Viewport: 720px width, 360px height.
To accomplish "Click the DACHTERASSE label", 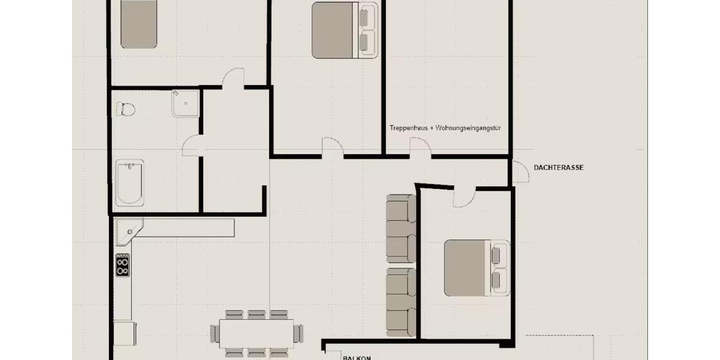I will click(558, 168).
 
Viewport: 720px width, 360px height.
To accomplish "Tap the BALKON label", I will click(356, 358).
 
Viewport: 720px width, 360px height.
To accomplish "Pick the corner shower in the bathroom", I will click(185, 103).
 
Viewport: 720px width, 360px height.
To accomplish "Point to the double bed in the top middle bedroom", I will click(344, 30).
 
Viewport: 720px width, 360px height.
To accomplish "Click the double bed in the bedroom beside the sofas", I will click(476, 267).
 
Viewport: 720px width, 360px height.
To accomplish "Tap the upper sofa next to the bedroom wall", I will click(401, 228).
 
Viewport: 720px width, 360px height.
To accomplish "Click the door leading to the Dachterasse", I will click(516, 170).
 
